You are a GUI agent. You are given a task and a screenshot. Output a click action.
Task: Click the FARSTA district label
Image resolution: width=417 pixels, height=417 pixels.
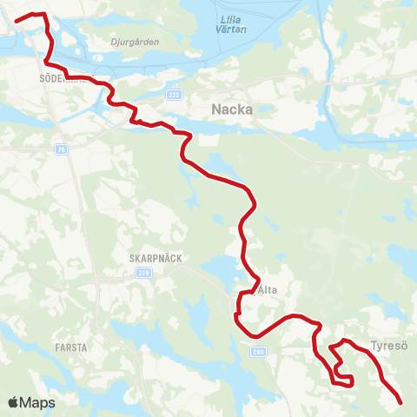(x=70, y=347)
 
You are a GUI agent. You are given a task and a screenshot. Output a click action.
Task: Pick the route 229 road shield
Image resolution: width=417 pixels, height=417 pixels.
(x=142, y=273)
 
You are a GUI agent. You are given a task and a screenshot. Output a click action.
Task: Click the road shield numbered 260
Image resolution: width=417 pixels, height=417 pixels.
(x=258, y=352)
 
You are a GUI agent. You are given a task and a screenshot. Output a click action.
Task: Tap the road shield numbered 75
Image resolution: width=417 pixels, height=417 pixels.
(x=60, y=149)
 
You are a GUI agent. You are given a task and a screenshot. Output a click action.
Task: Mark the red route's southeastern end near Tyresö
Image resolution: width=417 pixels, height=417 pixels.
(x=401, y=402)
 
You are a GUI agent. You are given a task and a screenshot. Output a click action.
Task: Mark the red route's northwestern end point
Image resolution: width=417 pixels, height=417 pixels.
(x=17, y=20)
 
